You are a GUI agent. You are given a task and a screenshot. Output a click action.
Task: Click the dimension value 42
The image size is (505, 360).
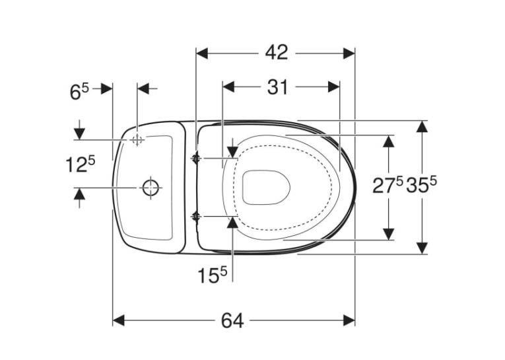point(277,52)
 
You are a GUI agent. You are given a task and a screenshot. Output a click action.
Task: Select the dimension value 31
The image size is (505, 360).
point(277,87)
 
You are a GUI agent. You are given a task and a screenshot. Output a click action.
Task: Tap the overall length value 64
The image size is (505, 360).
point(232,320)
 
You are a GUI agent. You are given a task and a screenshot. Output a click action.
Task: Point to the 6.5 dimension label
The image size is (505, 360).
point(79,92)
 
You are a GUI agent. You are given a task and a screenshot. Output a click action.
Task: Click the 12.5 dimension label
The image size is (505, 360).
point(81,164)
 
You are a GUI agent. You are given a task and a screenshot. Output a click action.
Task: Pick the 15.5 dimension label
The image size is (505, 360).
point(213,275)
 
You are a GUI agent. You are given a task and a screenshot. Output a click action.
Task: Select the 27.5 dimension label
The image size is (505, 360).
point(387,186)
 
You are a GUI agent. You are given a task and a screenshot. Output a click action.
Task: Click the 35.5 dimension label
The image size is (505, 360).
point(421,186)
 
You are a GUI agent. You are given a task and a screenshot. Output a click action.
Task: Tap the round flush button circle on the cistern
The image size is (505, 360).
point(151,187)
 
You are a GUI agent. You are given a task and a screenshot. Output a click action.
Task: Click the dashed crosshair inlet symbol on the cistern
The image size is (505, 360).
point(137,140)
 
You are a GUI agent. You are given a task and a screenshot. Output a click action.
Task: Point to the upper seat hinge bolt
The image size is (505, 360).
point(196,159)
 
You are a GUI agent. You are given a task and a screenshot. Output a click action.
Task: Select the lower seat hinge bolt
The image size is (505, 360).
point(196,217)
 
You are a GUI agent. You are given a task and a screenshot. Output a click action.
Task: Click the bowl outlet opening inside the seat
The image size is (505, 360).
point(266,187)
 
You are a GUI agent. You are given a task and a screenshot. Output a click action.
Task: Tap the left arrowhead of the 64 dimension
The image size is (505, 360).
point(118,320)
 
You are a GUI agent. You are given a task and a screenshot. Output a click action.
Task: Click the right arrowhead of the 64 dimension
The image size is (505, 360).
point(349,320)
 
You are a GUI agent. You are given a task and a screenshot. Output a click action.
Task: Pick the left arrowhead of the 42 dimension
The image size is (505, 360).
point(202,54)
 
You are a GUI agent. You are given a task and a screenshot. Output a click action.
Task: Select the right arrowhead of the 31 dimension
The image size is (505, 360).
point(334,87)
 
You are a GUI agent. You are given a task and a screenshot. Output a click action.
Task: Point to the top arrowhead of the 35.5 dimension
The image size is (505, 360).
point(422,126)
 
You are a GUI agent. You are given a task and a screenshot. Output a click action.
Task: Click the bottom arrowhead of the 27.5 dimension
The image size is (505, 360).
point(389,234)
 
